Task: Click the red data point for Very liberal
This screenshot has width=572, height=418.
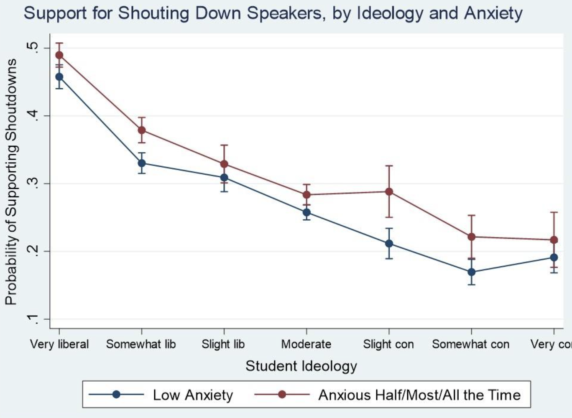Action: click(59, 55)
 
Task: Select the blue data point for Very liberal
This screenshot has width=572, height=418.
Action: click(59, 77)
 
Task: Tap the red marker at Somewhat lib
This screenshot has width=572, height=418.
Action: click(142, 130)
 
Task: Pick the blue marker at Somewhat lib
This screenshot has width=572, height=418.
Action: click(142, 163)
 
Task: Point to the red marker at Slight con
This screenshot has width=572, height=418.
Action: click(389, 192)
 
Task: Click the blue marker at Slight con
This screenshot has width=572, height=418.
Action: click(389, 243)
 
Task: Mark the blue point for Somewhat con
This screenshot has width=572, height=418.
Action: click(472, 272)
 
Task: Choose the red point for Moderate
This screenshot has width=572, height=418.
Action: click(306, 195)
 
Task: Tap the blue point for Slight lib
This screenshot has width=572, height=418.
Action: click(224, 178)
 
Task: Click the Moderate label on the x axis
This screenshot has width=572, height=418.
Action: click(306, 344)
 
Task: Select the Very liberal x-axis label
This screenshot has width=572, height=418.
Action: click(59, 344)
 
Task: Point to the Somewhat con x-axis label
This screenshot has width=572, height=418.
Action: click(471, 344)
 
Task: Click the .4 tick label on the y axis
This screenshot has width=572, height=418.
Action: click(32, 116)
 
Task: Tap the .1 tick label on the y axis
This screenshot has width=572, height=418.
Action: click(32, 319)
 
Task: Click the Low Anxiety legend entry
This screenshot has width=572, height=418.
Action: click(193, 395)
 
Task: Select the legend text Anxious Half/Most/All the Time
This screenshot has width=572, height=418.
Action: click(419, 395)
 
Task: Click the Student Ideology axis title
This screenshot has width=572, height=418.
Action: click(301, 366)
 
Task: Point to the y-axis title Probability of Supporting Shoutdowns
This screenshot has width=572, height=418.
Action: click(11, 182)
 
